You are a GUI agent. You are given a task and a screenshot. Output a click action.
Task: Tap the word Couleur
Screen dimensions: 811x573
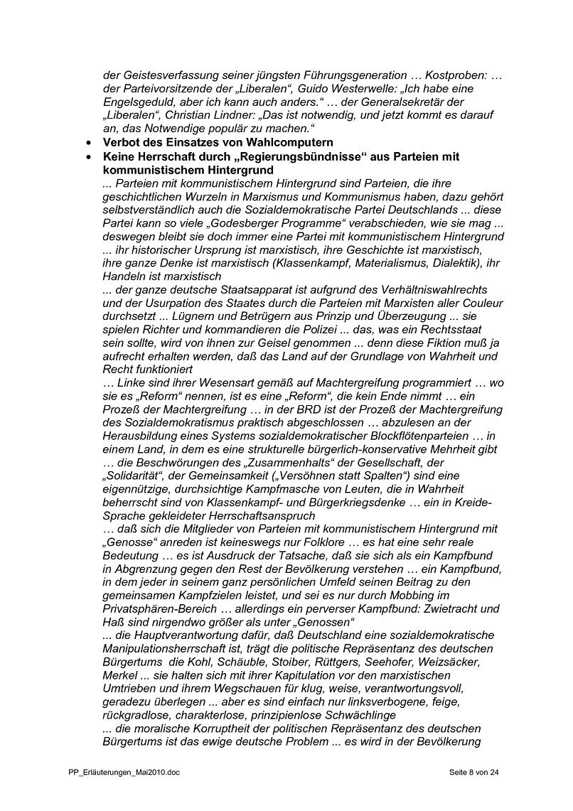[481, 303]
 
